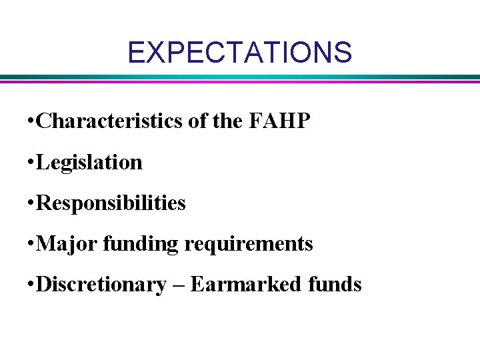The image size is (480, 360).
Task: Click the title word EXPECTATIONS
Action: pos(239,52)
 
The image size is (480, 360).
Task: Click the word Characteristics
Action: pos(108,121)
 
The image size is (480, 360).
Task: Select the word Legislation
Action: pos(89,162)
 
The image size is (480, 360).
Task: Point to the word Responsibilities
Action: pos(111,203)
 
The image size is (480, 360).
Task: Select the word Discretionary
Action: pos(101,285)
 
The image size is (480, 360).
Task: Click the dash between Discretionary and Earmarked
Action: pos(178,285)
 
